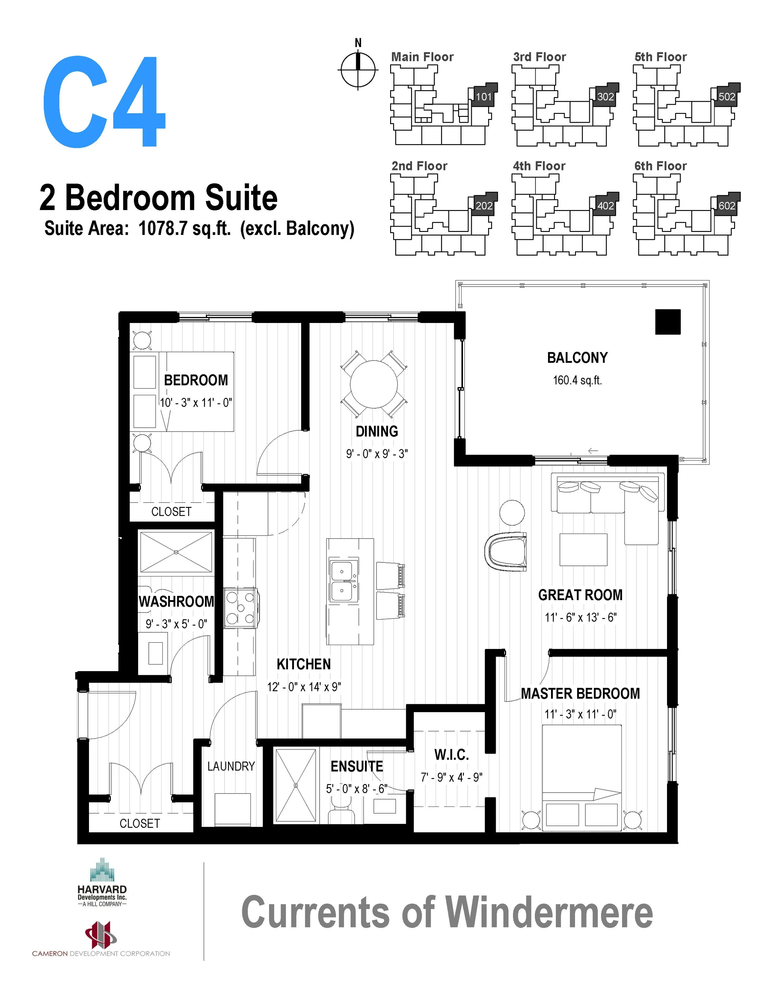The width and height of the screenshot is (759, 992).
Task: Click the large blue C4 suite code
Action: pyautogui.click(x=104, y=102)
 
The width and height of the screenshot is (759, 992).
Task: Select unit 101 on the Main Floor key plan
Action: pyautogui.click(x=483, y=96)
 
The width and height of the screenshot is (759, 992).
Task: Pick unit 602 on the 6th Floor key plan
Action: pyautogui.click(x=727, y=206)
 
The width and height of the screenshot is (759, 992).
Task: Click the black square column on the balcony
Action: pyautogui.click(x=667, y=322)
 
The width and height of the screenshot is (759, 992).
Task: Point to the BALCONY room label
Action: pyautogui.click(x=577, y=358)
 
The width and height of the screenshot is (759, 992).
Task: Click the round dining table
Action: pyautogui.click(x=374, y=384)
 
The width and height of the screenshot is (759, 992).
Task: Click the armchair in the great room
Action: pyautogui.click(x=505, y=551)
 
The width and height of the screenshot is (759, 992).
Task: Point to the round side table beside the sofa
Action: pyautogui.click(x=512, y=512)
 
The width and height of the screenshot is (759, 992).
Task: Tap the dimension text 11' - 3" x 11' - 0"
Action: pyautogui.click(x=580, y=714)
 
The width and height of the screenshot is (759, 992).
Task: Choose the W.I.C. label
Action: pyautogui.click(x=451, y=754)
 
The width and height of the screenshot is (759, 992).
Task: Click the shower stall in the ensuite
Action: pyautogui.click(x=296, y=786)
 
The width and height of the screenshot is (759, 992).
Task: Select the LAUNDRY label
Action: pyautogui.click(x=231, y=766)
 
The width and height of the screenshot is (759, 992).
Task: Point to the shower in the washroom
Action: pyautogui.click(x=176, y=552)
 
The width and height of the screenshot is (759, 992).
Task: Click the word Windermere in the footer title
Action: pyautogui.click(x=549, y=912)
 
